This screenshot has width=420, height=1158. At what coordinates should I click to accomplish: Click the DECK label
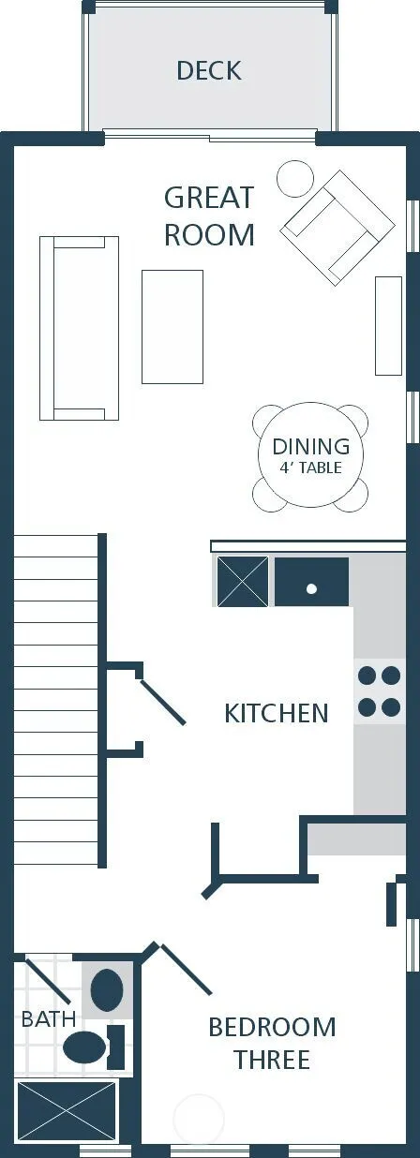[209, 71]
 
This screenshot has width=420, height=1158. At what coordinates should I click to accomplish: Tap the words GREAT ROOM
[209, 216]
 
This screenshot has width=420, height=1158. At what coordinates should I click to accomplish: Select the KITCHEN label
[277, 713]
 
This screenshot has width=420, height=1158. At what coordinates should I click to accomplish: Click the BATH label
[49, 1019]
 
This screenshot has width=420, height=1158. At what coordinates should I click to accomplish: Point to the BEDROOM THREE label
[272, 1044]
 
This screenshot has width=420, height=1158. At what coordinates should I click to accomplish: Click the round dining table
[310, 455]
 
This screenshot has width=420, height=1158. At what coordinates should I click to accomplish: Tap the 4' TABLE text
[310, 468]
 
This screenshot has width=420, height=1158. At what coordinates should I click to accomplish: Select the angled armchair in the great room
[337, 228]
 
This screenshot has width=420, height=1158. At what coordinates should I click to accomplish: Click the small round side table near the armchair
[295, 178]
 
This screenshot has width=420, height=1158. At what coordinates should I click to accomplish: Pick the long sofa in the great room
[79, 328]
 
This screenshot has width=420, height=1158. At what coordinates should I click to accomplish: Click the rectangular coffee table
[172, 327]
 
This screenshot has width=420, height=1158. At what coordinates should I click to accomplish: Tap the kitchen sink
[311, 581]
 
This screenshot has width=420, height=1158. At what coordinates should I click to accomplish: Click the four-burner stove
[379, 691]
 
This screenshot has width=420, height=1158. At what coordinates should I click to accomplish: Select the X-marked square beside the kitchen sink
[243, 581]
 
